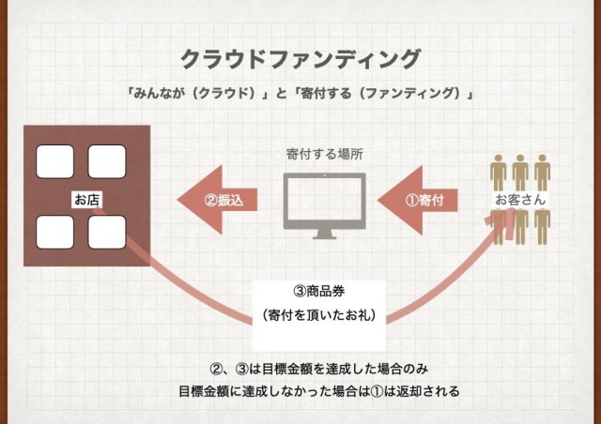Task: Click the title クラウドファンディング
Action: (300, 59)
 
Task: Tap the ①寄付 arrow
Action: (423, 199)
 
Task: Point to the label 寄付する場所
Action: (324, 152)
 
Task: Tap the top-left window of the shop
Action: (54, 162)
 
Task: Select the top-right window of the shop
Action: (106, 162)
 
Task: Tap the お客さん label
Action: (520, 201)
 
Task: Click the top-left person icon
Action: (498, 173)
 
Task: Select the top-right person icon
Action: (543, 173)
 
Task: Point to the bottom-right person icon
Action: (543, 228)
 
